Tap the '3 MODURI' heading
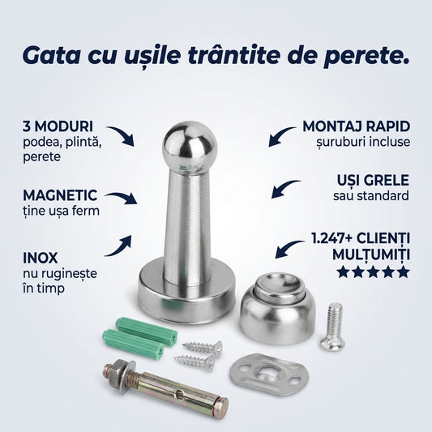pos(57,126)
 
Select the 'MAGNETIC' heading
pos(60,195)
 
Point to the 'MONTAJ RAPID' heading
pos(356,126)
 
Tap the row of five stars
pos(372,272)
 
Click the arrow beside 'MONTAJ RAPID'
pos(280,135)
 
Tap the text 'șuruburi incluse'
pos(364,142)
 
